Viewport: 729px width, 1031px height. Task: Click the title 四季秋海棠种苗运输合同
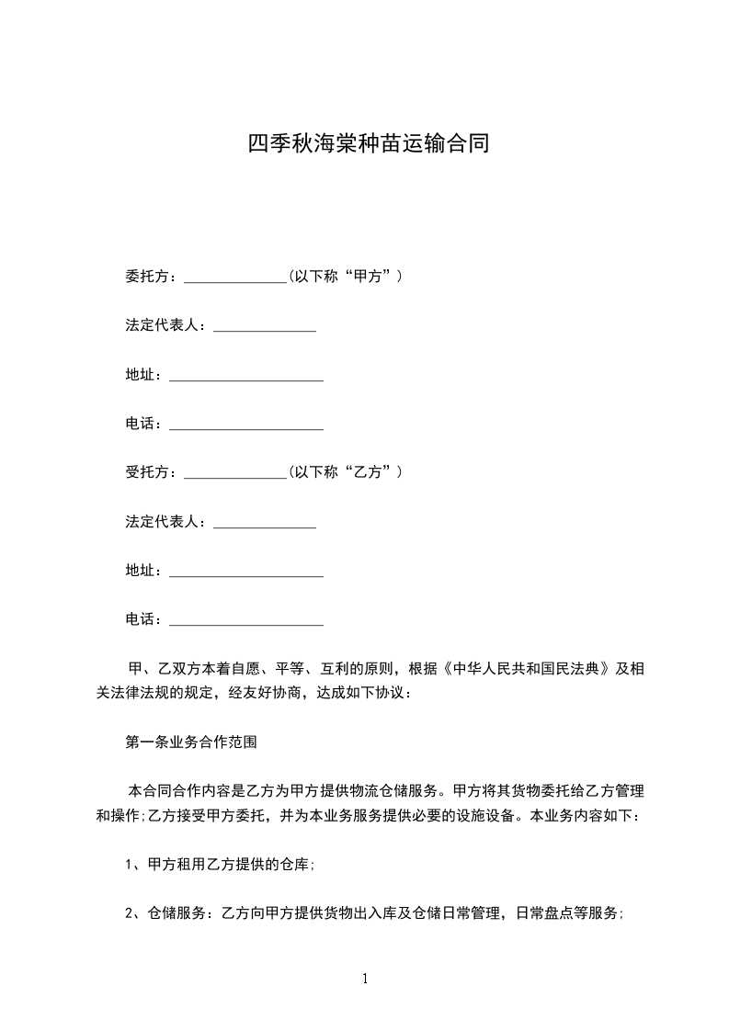(x=365, y=144)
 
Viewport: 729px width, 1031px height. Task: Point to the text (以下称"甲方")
(x=345, y=276)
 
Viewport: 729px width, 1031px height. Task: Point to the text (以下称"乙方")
(x=345, y=472)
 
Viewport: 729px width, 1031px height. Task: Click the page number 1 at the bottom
(x=365, y=979)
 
